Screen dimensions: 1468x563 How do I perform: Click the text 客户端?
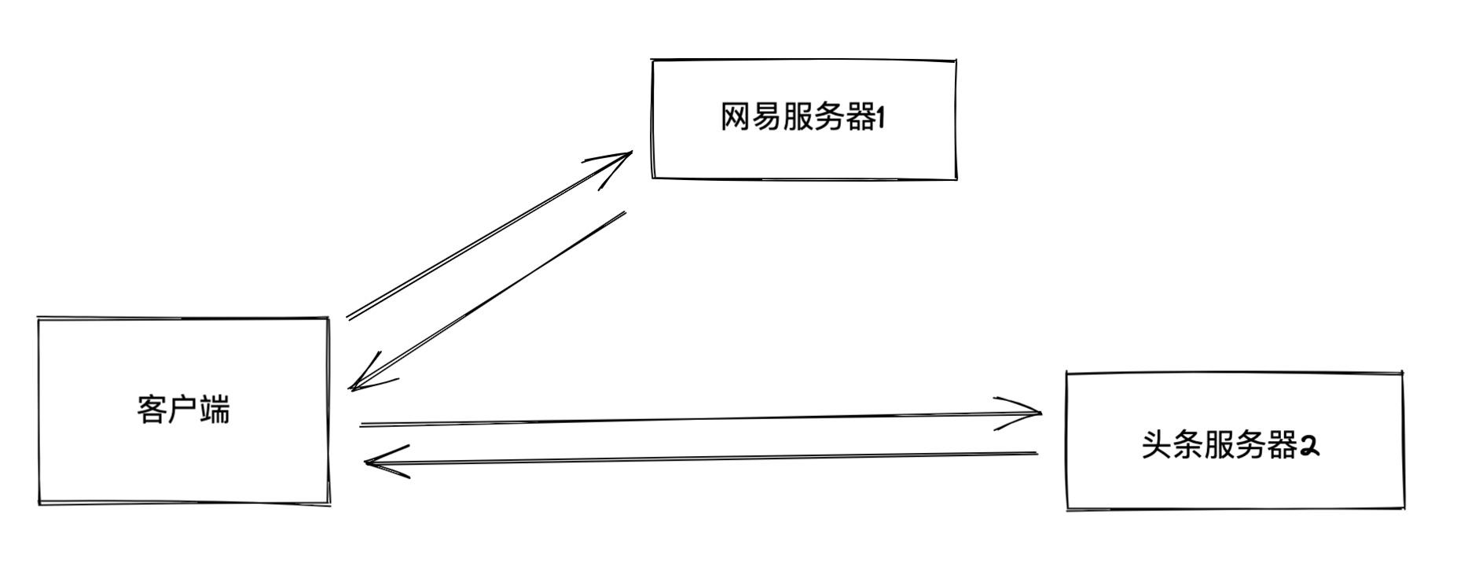coord(184,410)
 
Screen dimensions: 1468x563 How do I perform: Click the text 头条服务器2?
coord(1230,446)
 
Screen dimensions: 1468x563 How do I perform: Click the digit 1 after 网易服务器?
coord(880,119)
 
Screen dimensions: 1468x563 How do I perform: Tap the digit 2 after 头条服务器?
coord(1309,446)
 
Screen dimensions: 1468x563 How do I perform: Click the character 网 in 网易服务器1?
coord(734,119)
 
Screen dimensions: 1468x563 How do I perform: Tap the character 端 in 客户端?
coord(215,410)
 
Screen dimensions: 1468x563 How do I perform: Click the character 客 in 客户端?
coord(150,410)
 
